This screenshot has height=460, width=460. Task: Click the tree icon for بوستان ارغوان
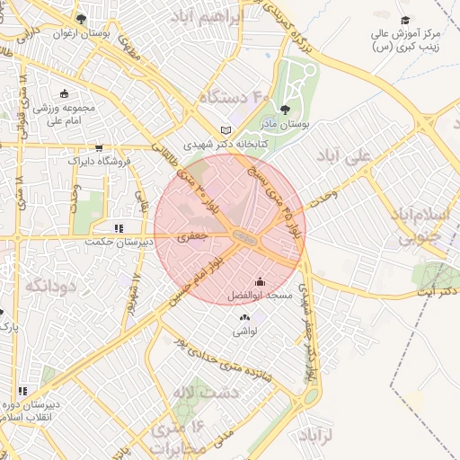coord(82,18)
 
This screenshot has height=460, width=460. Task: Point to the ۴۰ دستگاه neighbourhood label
coord(234,96)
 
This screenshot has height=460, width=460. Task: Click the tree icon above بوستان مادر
coord(286,111)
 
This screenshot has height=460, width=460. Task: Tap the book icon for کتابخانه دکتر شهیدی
coord(226,130)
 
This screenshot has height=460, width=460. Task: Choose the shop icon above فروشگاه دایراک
coord(99,148)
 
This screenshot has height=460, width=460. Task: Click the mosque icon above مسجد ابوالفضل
coord(260,281)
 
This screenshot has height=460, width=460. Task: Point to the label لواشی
coord(245,331)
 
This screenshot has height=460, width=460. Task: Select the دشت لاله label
coord(193,393)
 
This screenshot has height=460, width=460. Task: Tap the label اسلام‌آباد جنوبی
coord(411,226)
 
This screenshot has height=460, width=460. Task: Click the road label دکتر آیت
coord(439,293)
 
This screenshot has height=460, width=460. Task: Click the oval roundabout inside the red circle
coord(243,236)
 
